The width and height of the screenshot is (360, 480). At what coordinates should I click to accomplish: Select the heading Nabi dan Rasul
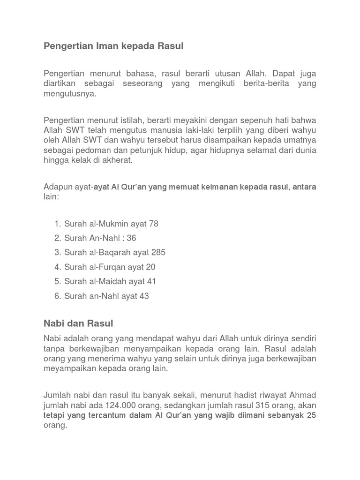coord(78,323)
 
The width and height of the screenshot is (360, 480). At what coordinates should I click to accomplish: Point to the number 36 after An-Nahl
coord(131,238)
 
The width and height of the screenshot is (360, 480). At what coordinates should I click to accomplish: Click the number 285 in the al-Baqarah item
coord(158,253)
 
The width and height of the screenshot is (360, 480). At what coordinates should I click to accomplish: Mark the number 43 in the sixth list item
coord(144,296)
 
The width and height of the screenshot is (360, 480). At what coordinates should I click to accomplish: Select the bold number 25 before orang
coord(312,415)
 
